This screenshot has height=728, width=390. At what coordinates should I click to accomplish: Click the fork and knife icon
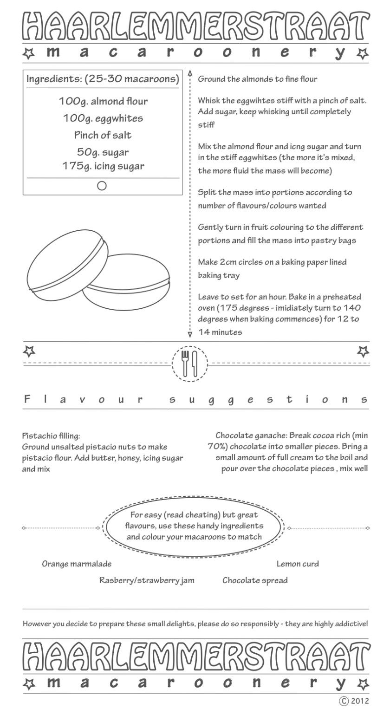pyautogui.click(x=189, y=363)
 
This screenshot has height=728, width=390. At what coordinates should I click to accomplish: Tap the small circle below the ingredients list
pyautogui.click(x=102, y=186)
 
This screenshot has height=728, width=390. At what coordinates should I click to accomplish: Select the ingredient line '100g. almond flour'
pyautogui.click(x=103, y=101)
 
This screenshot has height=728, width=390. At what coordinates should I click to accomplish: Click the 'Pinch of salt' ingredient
pyautogui.click(x=103, y=136)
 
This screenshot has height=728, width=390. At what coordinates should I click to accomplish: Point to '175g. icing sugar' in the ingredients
pyautogui.click(x=103, y=166)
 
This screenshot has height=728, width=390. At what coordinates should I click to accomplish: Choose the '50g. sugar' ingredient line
pyautogui.click(x=103, y=152)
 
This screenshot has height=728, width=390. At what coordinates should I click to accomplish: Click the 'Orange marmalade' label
pyautogui.click(x=77, y=564)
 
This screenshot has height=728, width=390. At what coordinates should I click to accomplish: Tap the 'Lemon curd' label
pyautogui.click(x=298, y=564)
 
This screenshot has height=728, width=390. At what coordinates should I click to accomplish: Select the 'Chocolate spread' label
pyautogui.click(x=255, y=580)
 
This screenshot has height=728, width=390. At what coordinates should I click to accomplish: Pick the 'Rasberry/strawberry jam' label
pyautogui.click(x=147, y=580)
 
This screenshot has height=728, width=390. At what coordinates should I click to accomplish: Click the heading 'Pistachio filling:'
pyautogui.click(x=51, y=436)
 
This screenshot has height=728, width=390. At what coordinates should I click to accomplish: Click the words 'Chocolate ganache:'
pyautogui.click(x=251, y=436)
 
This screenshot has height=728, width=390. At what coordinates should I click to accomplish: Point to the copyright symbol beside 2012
pyautogui.click(x=344, y=701)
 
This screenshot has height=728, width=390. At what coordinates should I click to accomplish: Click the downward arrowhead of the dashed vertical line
pyautogui.click(x=190, y=334)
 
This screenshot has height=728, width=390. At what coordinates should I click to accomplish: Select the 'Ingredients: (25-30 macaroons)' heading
pyautogui.click(x=103, y=79)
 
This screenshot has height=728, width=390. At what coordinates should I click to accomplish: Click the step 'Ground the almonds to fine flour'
pyautogui.click(x=258, y=79)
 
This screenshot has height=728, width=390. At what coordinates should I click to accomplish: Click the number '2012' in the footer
pyautogui.click(x=360, y=701)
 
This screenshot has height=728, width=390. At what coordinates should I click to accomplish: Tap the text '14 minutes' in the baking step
pyautogui.click(x=220, y=332)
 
